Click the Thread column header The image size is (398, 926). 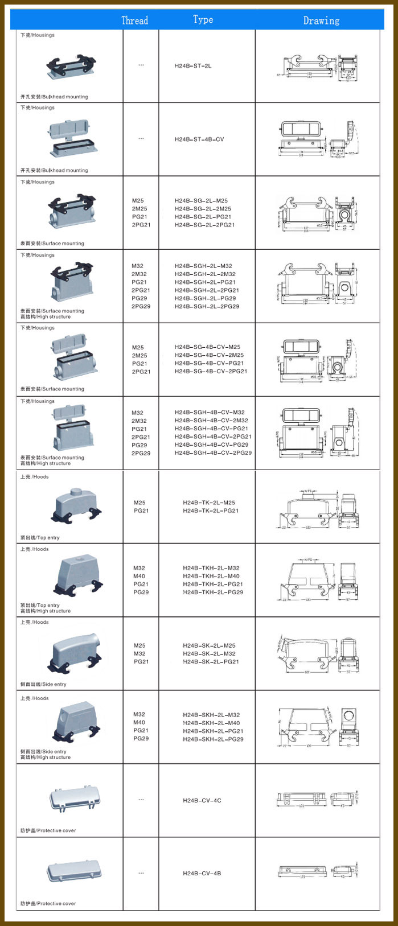tap(135, 20)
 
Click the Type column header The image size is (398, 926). tap(203, 20)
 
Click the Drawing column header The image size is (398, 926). tap(321, 20)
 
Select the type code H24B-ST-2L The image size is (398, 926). tap(193, 66)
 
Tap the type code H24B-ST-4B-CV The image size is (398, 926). tap(199, 139)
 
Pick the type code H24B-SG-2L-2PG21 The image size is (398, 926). tap(204, 225)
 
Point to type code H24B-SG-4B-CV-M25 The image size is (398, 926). tap(207, 347)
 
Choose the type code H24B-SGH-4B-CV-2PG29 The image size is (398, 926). tap(213, 453)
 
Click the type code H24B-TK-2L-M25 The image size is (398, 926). tap(209, 503)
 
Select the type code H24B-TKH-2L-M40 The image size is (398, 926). tap(211, 576)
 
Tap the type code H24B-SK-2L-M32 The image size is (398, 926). tap(209, 653)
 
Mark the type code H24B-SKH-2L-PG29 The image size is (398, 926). tap(213, 739)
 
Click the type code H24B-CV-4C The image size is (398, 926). tap(202, 800)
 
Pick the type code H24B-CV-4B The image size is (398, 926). tap(202, 873)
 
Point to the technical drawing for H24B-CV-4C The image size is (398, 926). tap(319, 799)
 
